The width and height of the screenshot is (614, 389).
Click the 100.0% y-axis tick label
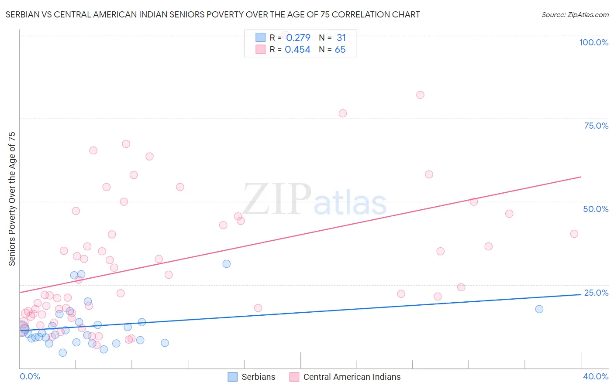coord(593,42)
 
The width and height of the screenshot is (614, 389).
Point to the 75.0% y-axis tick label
coord(596,126)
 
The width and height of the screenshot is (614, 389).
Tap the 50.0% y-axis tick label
coord(596,209)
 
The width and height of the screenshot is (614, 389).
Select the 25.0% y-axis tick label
coord(596,293)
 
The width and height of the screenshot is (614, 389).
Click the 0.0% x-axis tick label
coord(30,376)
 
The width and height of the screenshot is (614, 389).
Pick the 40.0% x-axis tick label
coord(596,376)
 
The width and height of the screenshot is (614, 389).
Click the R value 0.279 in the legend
coord(298,38)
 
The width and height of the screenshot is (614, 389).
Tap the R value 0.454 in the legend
coord(297,50)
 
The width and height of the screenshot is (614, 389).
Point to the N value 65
coord(340,50)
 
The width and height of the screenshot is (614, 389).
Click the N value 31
coord(341,38)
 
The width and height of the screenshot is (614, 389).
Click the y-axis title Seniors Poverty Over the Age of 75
coord(12,199)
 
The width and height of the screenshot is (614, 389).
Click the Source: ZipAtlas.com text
coord(575,15)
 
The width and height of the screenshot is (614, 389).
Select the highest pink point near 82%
coord(420,95)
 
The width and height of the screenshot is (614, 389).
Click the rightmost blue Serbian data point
coord(539,309)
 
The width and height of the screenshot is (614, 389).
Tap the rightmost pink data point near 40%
coord(574,234)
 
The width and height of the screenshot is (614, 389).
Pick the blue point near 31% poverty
coord(226,264)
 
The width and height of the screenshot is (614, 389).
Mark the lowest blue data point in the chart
coord(63,353)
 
